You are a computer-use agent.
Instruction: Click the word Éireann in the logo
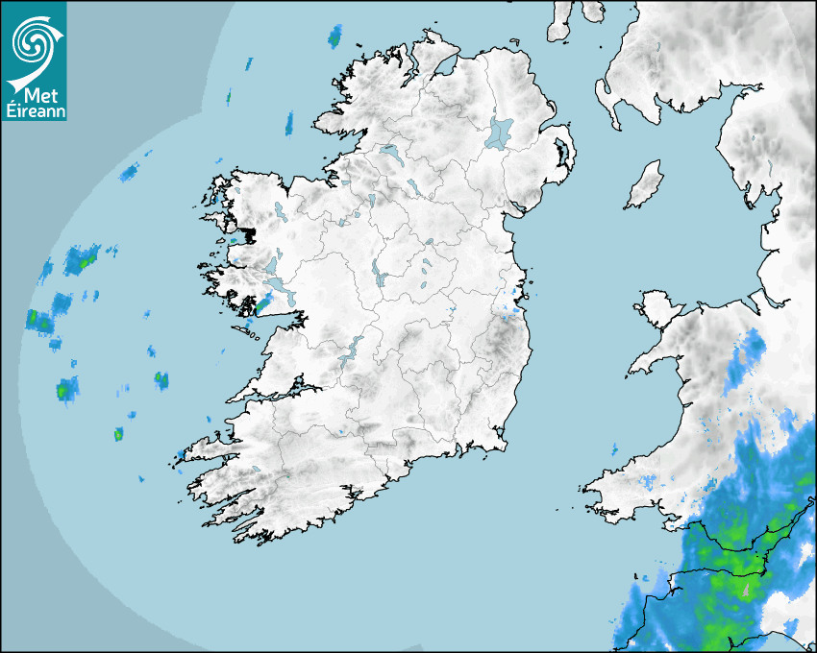33,110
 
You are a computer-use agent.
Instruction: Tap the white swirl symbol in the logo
33,44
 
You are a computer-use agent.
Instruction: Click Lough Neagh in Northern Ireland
501,132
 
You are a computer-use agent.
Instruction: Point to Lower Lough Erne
391,153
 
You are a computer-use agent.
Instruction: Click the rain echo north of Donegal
335,36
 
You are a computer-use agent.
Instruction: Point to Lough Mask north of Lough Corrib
272,265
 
